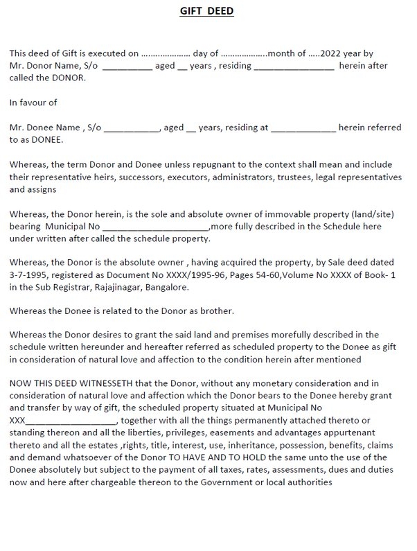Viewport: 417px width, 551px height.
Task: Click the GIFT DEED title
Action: (208, 12)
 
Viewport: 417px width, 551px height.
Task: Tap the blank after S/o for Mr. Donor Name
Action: (128, 65)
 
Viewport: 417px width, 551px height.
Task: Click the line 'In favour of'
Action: (33, 103)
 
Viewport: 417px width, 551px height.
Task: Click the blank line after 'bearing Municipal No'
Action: (155, 227)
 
